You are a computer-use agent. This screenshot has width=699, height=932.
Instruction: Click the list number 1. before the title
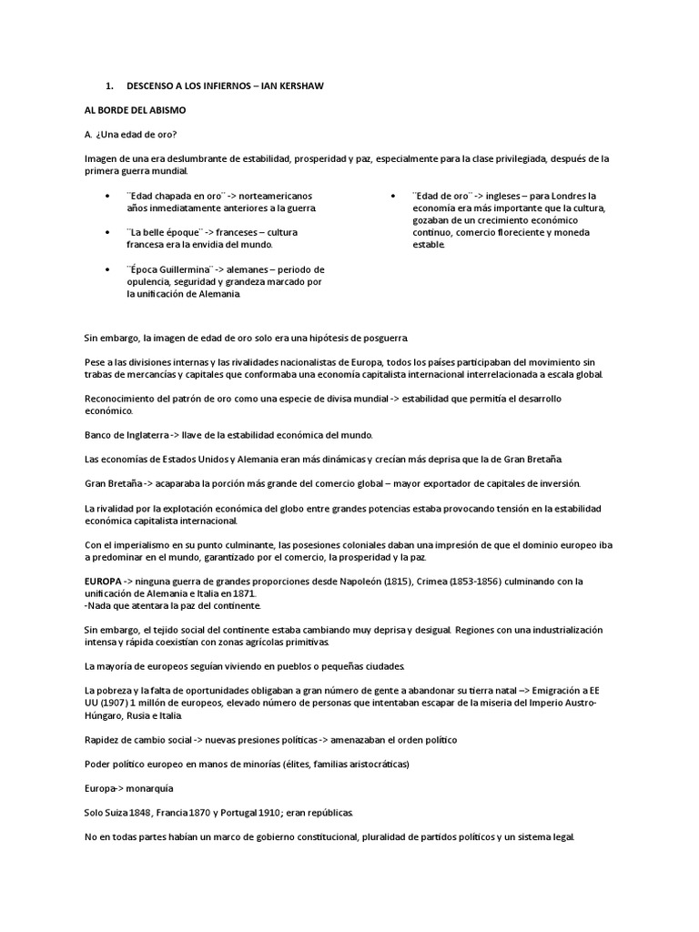point(109,86)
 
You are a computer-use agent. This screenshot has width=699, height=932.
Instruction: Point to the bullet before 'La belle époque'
point(108,233)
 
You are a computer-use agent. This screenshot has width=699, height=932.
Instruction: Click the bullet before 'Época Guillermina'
point(108,270)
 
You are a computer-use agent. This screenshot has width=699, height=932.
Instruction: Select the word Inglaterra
point(137,434)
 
